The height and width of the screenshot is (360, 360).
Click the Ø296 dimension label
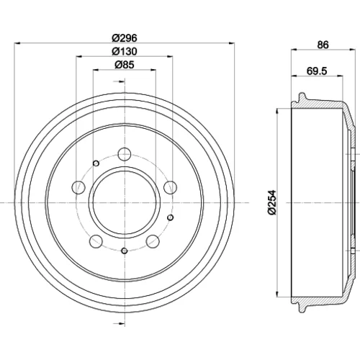tap(125, 38)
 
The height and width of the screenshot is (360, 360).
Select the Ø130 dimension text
tap(125, 51)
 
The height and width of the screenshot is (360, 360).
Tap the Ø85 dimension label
tap(125, 65)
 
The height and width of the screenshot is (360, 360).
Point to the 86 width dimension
tap(323, 45)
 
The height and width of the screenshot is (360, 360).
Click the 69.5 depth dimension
tap(317, 71)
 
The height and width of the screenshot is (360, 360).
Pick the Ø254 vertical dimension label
tap(272, 203)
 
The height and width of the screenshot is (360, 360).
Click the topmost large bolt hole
tap(125, 154)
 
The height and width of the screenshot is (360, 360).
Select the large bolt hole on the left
tap(78, 187)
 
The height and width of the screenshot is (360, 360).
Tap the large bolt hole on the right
tap(171, 187)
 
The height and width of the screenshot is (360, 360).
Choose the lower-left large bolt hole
tap(96, 241)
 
